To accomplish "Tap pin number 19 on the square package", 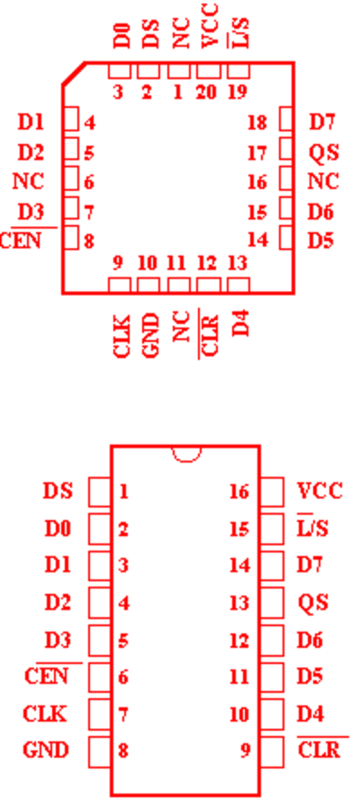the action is pos(238,93).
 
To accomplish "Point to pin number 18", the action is pos(257,122).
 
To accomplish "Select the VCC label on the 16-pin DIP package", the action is pos(319,491).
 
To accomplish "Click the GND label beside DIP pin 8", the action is pos(46,750).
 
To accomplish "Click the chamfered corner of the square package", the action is pos(74,73).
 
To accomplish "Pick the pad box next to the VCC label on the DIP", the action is pos(272,491).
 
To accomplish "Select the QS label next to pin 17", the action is pos(324,153).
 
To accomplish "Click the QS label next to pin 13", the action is pos(313,602).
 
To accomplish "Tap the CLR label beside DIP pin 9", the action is pos(319,750).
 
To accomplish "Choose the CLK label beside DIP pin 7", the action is pos(45,714).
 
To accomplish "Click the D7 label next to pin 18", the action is pos(322,122).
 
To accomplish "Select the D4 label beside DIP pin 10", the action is pos(310,714).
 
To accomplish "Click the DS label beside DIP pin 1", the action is pos(58,491).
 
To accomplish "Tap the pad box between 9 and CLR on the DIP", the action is pos(272,751).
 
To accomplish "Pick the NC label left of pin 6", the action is pos(29,182).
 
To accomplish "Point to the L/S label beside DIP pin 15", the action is pos(312,528).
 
